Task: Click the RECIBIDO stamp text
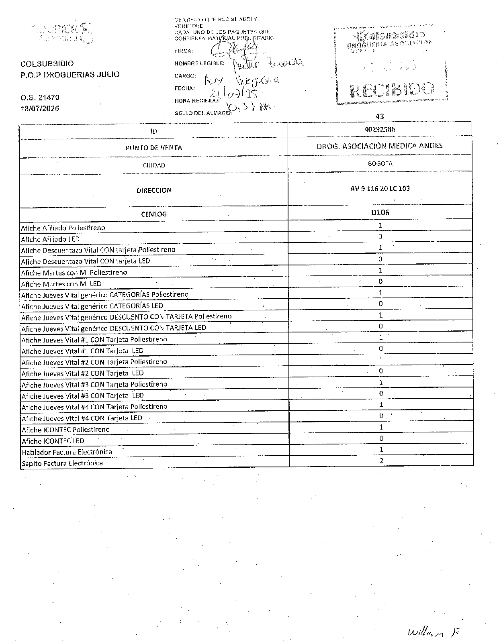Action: point(392,90)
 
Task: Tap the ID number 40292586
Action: point(380,130)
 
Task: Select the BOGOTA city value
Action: point(380,164)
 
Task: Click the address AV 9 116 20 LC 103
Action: point(380,188)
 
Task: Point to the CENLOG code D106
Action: point(380,212)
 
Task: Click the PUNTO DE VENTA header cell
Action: point(153,148)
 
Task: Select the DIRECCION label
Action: point(153,190)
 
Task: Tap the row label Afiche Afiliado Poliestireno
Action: point(63,228)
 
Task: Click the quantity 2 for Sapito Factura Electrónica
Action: point(381,461)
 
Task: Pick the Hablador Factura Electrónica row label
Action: point(67,452)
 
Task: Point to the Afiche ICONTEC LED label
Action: point(53,441)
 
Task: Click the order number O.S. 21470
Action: point(40,98)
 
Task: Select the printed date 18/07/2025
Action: point(40,108)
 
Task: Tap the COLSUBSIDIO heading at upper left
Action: point(47,64)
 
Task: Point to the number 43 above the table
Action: point(380,117)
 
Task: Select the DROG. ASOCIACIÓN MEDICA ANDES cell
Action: point(380,146)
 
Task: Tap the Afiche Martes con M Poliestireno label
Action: point(74,273)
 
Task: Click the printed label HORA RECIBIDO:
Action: point(197,101)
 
